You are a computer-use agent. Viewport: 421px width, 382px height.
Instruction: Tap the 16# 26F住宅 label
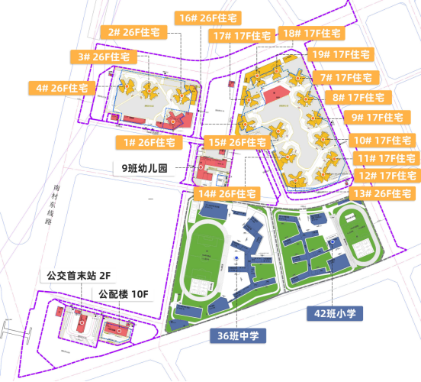tap(206, 18)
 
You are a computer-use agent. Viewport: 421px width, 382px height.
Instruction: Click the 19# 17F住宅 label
tap(341, 55)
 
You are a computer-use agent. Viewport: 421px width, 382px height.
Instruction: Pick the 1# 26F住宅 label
tap(149, 143)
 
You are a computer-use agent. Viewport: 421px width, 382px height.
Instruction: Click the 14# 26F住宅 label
tap(227, 194)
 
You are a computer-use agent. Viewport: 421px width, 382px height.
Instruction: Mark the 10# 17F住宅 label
tap(383, 141)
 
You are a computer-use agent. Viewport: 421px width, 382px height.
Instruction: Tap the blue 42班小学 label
tap(336, 312)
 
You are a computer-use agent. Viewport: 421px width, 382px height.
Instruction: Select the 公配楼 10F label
tap(122, 294)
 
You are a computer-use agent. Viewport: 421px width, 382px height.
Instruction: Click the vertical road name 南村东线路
tap(50, 202)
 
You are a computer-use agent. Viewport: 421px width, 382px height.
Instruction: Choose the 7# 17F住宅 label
tap(346, 78)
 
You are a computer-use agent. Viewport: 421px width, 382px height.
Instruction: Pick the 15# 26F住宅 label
tap(236, 143)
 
